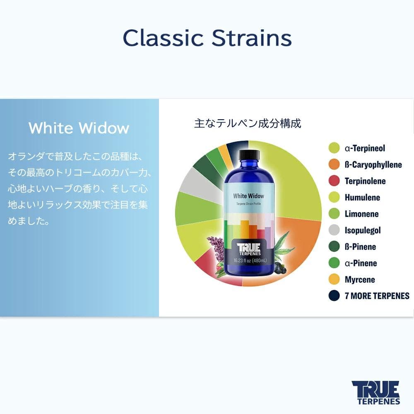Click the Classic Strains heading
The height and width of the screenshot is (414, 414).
click(x=207, y=38)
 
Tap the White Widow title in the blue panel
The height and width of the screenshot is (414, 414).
click(x=79, y=128)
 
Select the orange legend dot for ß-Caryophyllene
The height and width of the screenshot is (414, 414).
click(x=334, y=164)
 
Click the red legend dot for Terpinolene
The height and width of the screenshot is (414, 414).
click(x=334, y=181)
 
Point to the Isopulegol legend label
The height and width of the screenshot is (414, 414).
click(x=363, y=230)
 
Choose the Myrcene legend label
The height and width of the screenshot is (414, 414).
click(x=360, y=279)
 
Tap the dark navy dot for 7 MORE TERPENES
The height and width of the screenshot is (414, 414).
click(x=334, y=296)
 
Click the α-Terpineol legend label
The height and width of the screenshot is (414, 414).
click(x=365, y=148)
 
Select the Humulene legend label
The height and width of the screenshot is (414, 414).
click(x=362, y=197)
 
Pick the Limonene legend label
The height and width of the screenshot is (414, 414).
click(x=361, y=214)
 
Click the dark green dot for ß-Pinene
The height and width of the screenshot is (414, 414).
click(x=334, y=247)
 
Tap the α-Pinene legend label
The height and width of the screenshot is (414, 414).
click(x=361, y=263)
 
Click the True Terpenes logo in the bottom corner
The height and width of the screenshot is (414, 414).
click(x=375, y=392)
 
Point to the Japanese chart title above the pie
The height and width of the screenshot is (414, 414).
click(x=248, y=123)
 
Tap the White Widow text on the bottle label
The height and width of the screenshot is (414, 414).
click(x=248, y=196)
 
